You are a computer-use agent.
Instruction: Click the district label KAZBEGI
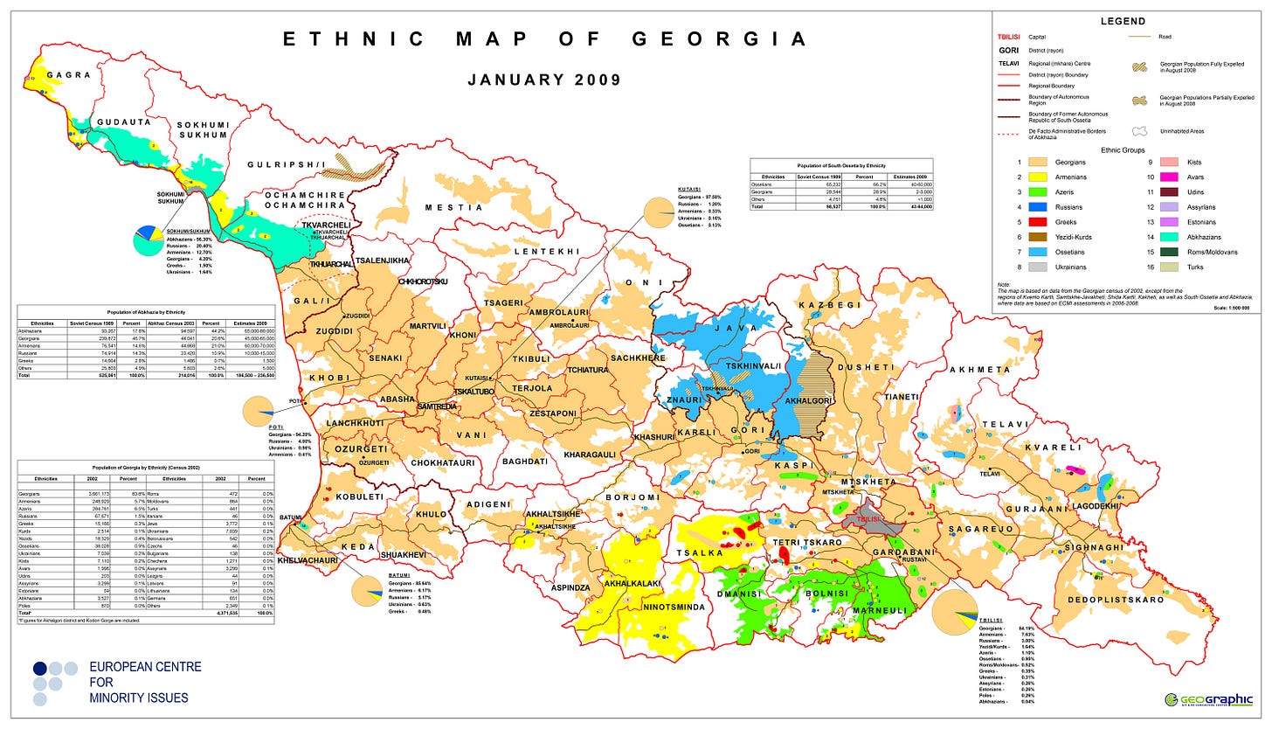tap(830, 305)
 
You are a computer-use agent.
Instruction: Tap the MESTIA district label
tap(453, 208)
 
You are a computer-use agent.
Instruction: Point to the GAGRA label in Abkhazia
tap(70, 75)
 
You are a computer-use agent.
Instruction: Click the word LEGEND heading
tap(1123, 21)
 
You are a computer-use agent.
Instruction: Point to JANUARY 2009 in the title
tap(543, 80)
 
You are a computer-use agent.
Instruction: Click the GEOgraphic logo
tap(1210, 699)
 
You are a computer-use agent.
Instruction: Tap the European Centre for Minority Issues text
tap(145, 682)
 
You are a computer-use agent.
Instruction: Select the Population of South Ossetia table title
tap(840, 164)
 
